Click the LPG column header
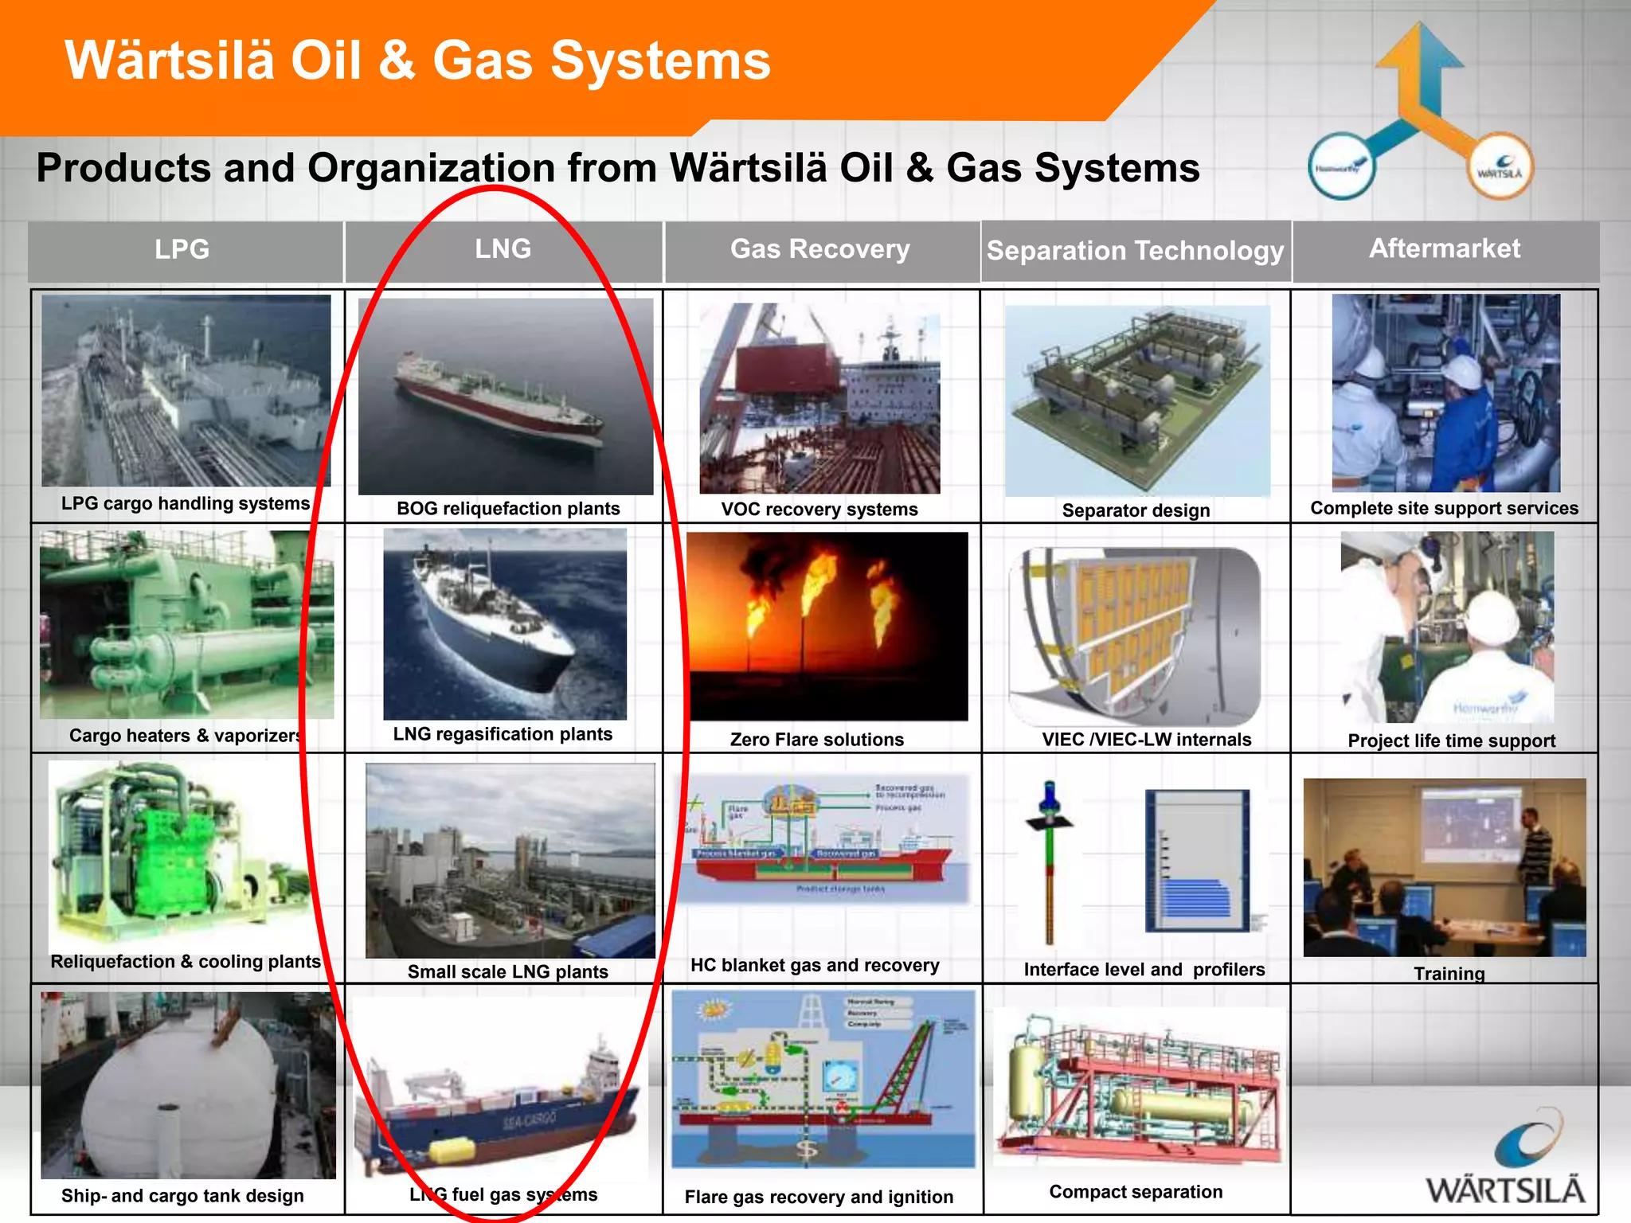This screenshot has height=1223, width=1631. coord(182,249)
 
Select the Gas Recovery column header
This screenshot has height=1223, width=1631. coord(820,249)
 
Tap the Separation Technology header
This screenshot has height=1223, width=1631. coord(1135,251)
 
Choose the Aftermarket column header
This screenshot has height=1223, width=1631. coord(1445,248)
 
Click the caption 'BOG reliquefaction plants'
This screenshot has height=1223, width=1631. coord(508,509)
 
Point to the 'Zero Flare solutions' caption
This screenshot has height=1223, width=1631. coord(817,740)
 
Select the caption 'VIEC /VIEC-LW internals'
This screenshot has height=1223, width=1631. coord(1147,740)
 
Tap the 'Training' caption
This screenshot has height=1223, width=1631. coord(1449,973)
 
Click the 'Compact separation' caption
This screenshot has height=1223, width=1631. coord(1136,1192)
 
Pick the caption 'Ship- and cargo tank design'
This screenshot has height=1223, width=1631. coord(182,1196)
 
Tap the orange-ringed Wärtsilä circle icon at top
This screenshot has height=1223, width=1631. coord(1500,166)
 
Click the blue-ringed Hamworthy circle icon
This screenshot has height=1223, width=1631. coord(1342,166)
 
